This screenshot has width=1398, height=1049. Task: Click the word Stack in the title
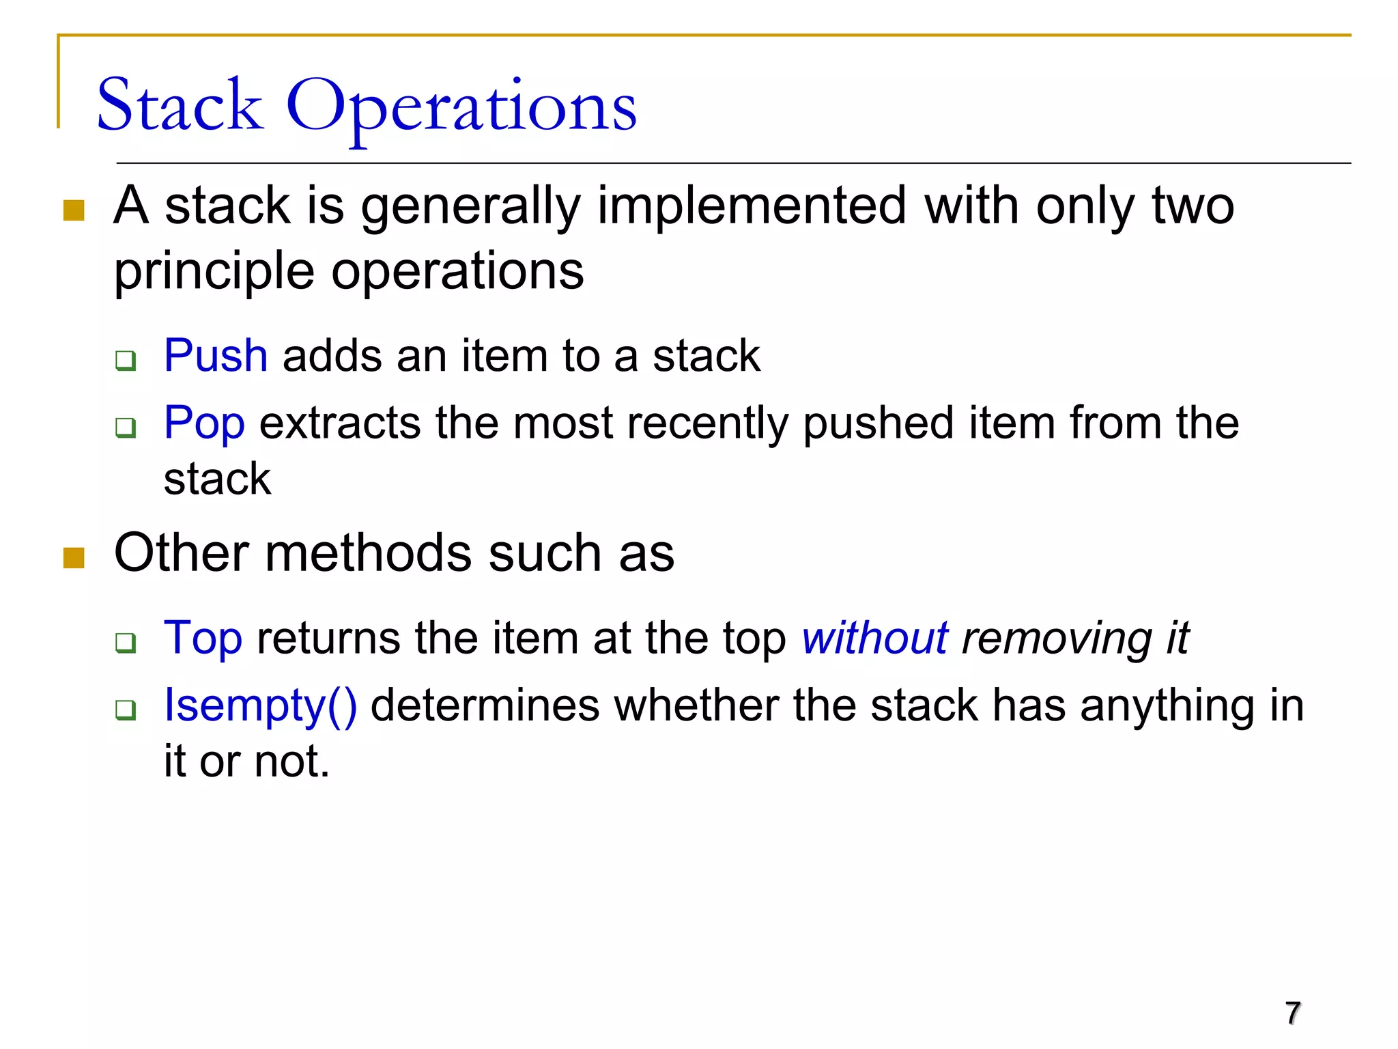point(180,106)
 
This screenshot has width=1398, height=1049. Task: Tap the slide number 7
point(1292,1013)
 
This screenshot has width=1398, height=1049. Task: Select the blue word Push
point(216,356)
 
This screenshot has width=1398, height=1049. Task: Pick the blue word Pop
point(204,423)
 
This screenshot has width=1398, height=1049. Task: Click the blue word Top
point(203,638)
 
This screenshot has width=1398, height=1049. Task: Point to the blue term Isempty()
point(260,705)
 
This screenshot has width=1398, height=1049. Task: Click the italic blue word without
point(874,638)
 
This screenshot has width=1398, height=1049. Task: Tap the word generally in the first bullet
point(470,207)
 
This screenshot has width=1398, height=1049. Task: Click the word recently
point(707,423)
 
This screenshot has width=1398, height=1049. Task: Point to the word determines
point(485,705)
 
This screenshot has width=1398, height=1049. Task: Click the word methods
point(368,553)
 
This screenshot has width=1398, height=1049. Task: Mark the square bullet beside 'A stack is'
point(74,210)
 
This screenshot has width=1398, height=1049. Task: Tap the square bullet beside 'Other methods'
point(74,557)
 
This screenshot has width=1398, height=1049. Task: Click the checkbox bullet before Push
point(126,359)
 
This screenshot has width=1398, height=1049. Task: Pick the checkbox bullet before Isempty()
point(126,710)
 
